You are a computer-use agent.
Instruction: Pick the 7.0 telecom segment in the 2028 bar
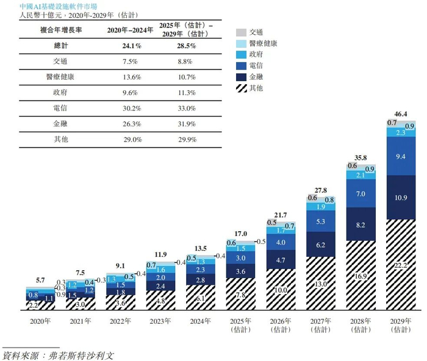[x=361, y=193]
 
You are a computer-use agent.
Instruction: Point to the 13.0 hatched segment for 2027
[x=320, y=282]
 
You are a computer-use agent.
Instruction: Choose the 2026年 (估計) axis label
[x=280, y=323]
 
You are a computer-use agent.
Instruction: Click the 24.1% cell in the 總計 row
[x=132, y=46]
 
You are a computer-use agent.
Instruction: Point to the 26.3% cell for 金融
[x=132, y=123]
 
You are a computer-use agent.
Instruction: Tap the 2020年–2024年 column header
[x=132, y=30]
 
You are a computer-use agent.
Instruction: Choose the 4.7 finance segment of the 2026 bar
[x=280, y=260]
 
